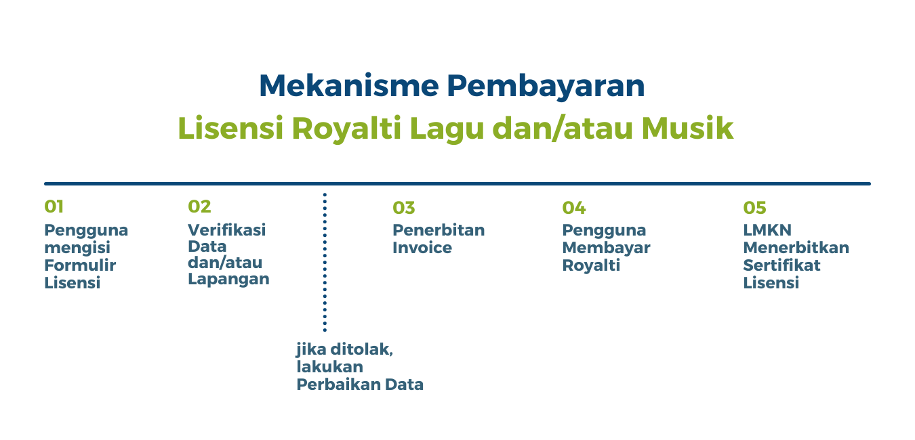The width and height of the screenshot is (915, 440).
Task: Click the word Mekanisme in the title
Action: point(349,86)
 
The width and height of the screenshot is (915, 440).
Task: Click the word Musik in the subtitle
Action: point(687,128)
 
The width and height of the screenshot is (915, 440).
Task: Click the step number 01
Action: point(54,206)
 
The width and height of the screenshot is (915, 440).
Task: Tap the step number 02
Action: point(199,206)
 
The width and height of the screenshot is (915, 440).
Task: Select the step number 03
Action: point(403,208)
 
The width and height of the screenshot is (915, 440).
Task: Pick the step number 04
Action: point(574,208)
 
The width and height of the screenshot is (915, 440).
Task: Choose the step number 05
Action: point(754,208)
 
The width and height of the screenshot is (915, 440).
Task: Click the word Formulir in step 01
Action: point(80,265)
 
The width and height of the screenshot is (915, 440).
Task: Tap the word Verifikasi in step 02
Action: point(226,230)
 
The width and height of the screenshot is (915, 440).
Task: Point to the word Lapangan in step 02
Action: point(228,280)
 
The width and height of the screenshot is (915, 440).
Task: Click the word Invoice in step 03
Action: point(422,248)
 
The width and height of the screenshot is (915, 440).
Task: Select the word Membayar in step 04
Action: point(606,248)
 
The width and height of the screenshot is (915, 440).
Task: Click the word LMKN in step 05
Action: point(767,230)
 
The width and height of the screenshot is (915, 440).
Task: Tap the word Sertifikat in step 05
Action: point(781,265)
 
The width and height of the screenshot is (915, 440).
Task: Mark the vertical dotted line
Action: point(325,262)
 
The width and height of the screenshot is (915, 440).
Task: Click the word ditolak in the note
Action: point(361,349)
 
